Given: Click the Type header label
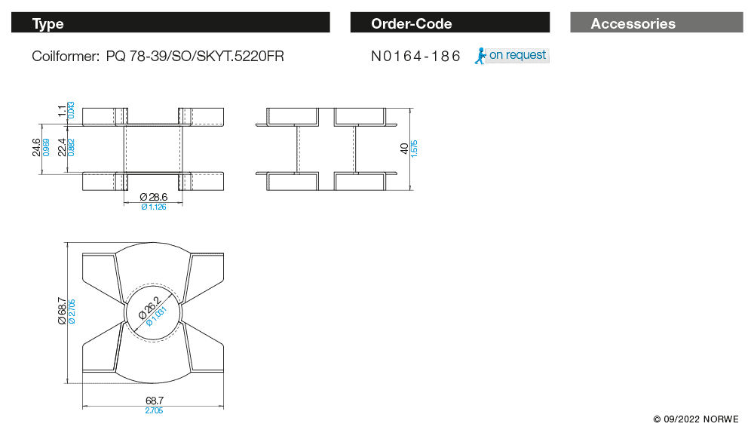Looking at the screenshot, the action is click(x=48, y=23).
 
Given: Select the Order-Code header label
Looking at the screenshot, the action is click(x=412, y=23).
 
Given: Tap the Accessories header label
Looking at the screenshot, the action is click(x=633, y=23).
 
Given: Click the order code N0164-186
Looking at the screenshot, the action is click(x=415, y=57).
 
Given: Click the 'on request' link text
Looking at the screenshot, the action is click(x=517, y=55).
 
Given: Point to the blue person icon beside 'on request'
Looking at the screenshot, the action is click(x=480, y=56).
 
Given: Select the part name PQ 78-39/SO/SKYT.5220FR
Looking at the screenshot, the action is click(x=195, y=57).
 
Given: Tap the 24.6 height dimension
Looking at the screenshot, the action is click(x=36, y=147).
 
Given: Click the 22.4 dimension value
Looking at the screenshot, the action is click(x=62, y=147).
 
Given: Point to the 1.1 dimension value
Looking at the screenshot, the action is click(x=62, y=111).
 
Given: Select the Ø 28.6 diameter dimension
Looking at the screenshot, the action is click(x=154, y=197).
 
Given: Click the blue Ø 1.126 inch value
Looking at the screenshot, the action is click(x=154, y=207).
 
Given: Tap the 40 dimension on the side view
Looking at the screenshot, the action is click(x=404, y=148).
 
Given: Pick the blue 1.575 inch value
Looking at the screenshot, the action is click(x=415, y=149).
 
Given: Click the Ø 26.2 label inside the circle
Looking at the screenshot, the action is click(x=149, y=309).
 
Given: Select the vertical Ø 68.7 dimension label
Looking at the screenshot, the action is click(x=62, y=311).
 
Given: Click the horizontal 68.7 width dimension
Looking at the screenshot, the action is click(x=155, y=401).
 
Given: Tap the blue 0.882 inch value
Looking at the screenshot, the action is click(x=71, y=147).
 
